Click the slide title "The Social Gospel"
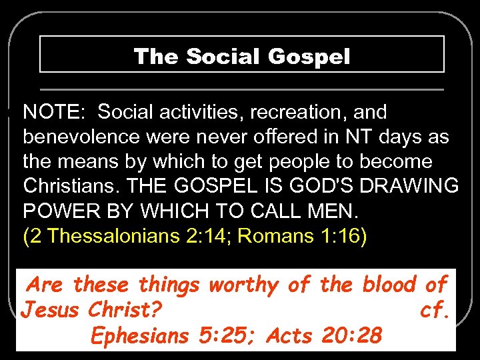pyautogui.click(x=241, y=56)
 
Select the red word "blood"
pyautogui.click(x=390, y=285)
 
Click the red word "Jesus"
pyautogui.click(x=48, y=310)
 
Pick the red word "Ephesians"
pyautogui.click(x=140, y=336)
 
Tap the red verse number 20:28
pyautogui.click(x=350, y=336)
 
